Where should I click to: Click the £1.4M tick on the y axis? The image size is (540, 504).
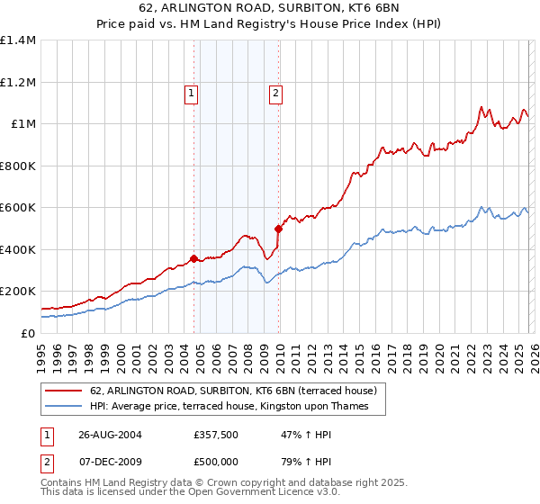[18, 40]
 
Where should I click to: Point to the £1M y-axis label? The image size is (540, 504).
[23, 124]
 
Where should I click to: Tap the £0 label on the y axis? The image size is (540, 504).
[29, 333]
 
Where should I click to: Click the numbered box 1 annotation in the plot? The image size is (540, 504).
[193, 92]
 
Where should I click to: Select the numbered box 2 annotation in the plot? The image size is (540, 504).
[274, 92]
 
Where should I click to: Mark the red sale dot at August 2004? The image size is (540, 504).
[193, 258]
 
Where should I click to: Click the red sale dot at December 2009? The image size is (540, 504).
[278, 229]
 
